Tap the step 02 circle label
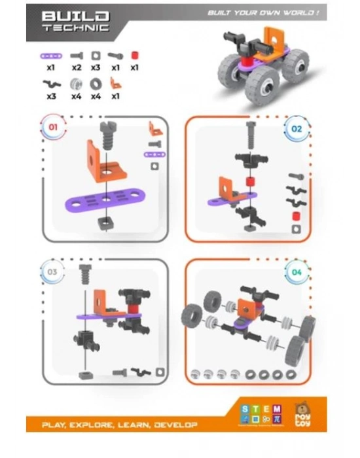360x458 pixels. click(x=297, y=128)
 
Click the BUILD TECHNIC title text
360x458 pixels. click(x=76, y=22)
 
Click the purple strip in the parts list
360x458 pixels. click(x=51, y=56)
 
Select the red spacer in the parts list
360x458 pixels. click(x=135, y=56)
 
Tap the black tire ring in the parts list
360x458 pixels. click(x=94, y=84)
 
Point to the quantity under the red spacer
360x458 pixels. click(x=135, y=67)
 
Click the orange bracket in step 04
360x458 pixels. click(x=247, y=306)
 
